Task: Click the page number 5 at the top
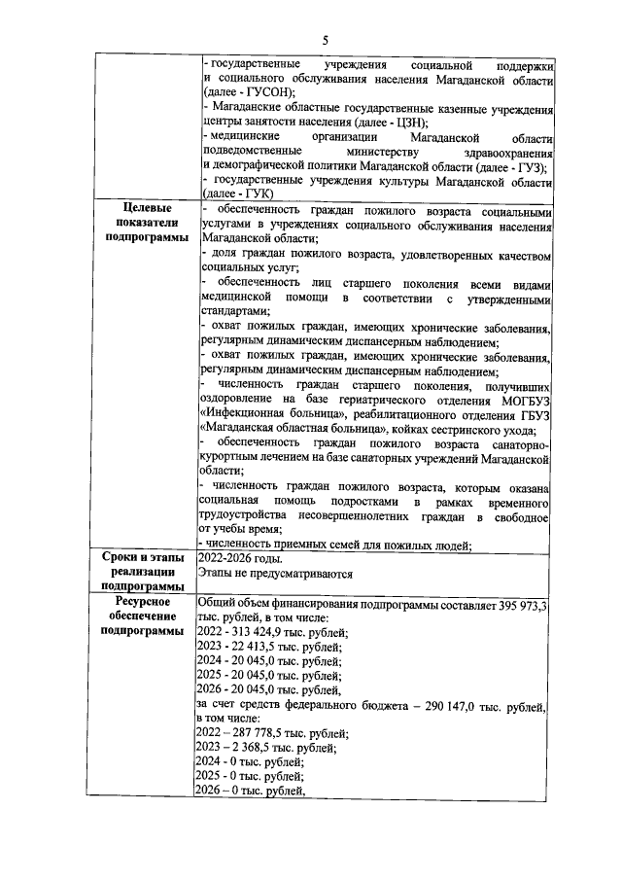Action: pyautogui.click(x=326, y=38)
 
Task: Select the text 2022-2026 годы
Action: pyautogui.click(x=240, y=559)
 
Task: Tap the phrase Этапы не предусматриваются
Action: pyautogui.click(x=274, y=574)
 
